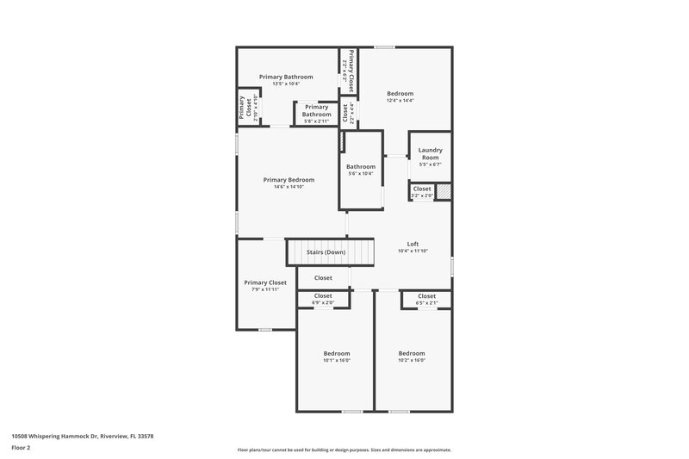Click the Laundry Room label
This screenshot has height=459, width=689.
pos(430,153)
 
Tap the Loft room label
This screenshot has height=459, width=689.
pos(413,244)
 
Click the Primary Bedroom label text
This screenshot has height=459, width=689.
pos(289,179)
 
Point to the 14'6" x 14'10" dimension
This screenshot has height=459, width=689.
pos(289,187)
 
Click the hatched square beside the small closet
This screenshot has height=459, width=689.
pos(444,192)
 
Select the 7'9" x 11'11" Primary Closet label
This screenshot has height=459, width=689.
pos(265,286)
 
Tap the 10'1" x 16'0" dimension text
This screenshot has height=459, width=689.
pos(337,360)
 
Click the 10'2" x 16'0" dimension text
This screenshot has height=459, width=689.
pos(412,360)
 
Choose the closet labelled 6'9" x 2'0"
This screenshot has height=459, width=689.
pos(323,299)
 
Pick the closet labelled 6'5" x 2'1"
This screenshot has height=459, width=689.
pos(426,299)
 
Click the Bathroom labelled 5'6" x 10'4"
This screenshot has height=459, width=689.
pos(361,170)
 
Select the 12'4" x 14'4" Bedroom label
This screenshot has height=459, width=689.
pos(400,96)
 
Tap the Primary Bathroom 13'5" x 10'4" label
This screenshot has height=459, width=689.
pos(286,80)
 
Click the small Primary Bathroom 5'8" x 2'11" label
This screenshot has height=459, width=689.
pos(316,114)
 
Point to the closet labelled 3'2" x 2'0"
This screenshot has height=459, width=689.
pos(422,191)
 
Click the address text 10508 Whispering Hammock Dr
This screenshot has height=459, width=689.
pos(83,436)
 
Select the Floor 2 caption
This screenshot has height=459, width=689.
pos(22,449)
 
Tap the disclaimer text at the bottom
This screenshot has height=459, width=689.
pos(344,450)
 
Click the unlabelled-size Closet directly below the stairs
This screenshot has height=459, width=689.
pos(323,278)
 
